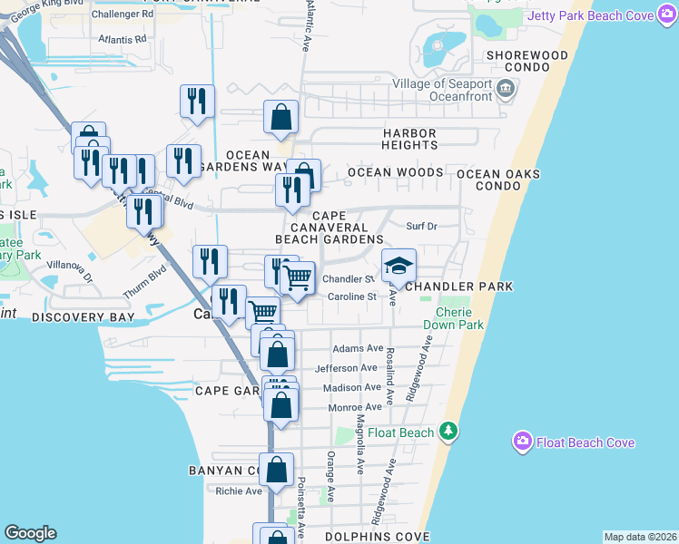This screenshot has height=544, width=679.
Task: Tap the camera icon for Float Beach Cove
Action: coord(522,442)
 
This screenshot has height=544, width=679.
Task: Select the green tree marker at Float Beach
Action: coord(448,432)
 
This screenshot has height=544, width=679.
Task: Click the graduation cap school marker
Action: coord(398,266)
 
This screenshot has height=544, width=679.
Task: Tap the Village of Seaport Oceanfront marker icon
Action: coord(507,89)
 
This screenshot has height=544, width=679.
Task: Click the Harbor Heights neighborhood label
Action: coord(409,139)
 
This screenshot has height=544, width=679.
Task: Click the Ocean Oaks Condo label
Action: coord(497,180)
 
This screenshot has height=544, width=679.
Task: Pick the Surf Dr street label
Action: coord(421,226)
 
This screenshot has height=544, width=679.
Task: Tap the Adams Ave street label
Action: coord(358,348)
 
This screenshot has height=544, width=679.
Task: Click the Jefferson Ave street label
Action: coord(345,368)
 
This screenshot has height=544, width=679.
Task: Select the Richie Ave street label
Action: coord(239,491)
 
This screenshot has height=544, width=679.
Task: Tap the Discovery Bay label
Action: coord(83,318)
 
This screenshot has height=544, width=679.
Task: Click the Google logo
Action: coord(30,533)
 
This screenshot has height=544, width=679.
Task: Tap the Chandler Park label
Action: coord(458,287)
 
